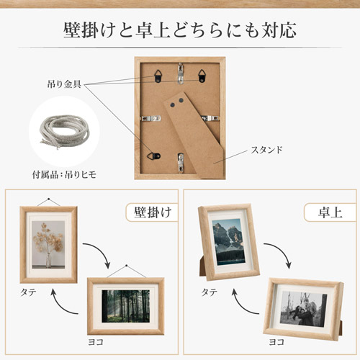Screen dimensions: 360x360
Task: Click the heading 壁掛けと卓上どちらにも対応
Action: pos(180,30)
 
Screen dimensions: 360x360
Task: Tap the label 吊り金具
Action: pos(64,84)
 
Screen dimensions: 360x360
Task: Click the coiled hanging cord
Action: pos(64,131)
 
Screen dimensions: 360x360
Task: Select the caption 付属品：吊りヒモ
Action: pos(64,174)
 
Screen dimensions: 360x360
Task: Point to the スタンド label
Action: pos(266,150)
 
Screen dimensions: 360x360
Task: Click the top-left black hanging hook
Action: pos(158,76)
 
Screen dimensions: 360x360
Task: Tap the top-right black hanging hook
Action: pos(202,76)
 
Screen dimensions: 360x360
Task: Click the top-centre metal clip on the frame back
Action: pos(181,73)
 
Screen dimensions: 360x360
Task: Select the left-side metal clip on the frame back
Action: pos(150,118)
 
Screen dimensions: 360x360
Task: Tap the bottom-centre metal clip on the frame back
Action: pos(181,163)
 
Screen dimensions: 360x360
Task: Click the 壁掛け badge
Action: pos(152,212)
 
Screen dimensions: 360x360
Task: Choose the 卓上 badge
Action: pos(330,212)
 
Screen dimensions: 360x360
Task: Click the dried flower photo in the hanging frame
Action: pos(48,244)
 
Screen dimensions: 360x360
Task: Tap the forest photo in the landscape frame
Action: pos(125,306)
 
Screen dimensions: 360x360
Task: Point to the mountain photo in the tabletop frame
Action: pos(228,242)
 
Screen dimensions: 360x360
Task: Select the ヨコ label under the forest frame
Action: pos(96,342)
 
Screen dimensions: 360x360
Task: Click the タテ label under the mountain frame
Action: pos(210,292)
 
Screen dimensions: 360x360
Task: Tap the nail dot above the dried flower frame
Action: pos(49,199)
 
